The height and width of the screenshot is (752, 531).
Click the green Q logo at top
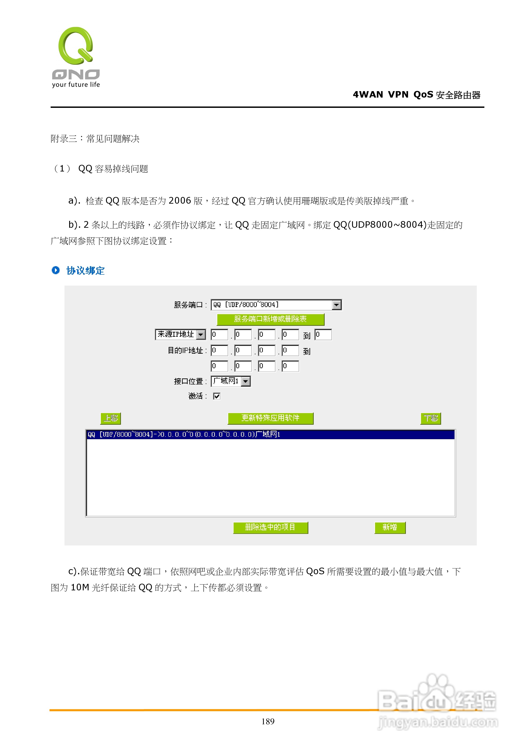pos(76,46)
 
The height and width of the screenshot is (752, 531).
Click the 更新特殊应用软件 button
pos(270,418)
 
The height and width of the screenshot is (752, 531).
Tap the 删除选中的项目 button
pos(270,528)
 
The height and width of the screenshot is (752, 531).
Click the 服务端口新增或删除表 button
pos(270,319)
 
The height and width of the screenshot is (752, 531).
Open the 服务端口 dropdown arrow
pos(336,305)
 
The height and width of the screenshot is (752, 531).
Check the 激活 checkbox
pos(217,396)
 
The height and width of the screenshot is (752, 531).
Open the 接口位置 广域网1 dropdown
pos(245,381)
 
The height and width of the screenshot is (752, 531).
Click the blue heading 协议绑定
pos(85,271)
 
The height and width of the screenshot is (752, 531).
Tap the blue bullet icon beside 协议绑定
pos(56,270)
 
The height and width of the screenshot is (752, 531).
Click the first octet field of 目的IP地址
pos(219,351)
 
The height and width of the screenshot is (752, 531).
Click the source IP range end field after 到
pos(323,334)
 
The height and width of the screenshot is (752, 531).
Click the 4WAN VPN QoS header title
pos(416,95)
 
